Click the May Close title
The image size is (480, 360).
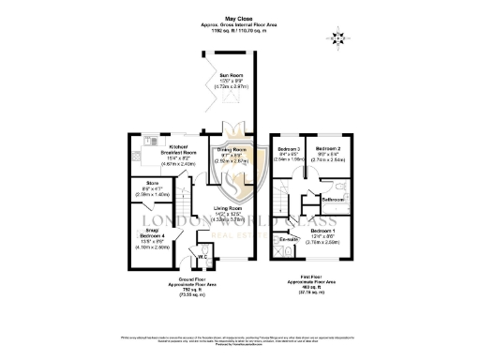(x=239, y=18)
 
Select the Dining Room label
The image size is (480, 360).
(x=232, y=150)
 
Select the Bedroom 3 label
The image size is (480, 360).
(x=289, y=150)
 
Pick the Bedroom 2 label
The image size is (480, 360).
(x=327, y=150)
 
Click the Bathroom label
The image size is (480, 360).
(x=334, y=200)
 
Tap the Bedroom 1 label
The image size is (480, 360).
(x=322, y=230)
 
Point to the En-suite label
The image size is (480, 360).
(x=289, y=240)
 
